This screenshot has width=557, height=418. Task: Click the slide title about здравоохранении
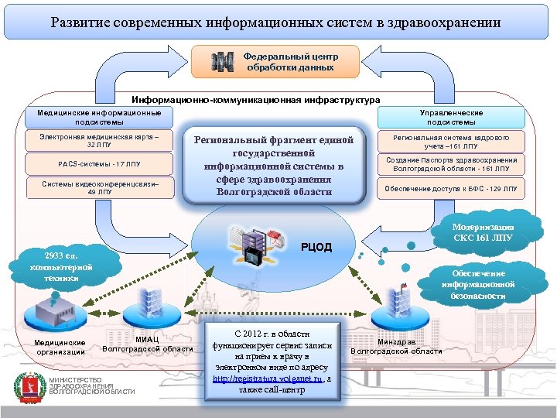[x=276, y=22]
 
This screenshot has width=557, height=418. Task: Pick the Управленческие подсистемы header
[x=452, y=118]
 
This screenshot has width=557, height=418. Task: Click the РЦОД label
[x=316, y=248]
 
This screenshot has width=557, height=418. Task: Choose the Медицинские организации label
[x=60, y=348]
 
